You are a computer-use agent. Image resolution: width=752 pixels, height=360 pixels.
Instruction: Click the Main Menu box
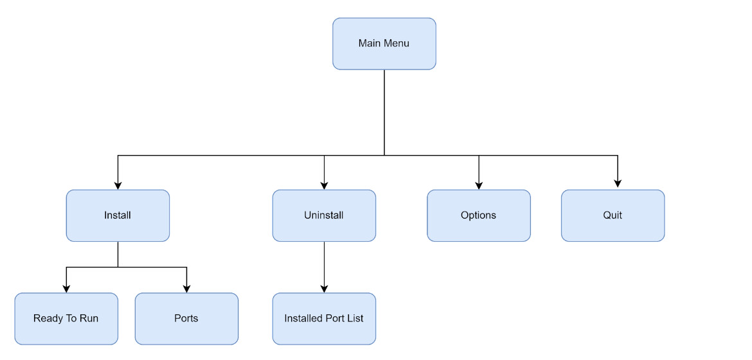tap(384, 44)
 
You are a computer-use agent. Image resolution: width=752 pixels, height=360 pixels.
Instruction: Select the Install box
tap(118, 215)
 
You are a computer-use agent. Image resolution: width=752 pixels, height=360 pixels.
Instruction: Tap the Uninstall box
tap(324, 215)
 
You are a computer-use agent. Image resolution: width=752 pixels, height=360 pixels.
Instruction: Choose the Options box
tap(479, 215)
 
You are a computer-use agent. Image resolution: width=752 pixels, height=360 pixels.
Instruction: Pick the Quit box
tap(613, 215)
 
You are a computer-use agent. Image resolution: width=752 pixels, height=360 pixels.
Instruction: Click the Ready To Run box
tap(66, 319)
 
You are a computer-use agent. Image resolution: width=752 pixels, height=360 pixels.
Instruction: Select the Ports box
tap(186, 319)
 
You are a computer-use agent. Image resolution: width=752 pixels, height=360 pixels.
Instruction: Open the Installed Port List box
tap(324, 319)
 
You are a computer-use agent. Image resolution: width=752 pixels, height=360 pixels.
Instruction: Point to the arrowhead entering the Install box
tap(118, 185)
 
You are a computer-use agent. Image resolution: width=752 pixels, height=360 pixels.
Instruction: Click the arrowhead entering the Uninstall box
tap(324, 185)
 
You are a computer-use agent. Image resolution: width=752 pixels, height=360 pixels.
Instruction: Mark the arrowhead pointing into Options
tap(479, 185)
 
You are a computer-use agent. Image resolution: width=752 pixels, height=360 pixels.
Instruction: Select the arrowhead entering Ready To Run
tap(66, 289)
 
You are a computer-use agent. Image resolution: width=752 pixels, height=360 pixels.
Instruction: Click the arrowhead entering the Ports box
tap(186, 289)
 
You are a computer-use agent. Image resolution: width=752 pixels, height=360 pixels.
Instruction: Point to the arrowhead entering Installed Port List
tap(324, 289)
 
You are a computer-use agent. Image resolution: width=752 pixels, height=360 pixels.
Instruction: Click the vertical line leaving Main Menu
tap(384, 113)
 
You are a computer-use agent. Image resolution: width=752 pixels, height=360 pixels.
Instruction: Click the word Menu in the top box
tap(397, 44)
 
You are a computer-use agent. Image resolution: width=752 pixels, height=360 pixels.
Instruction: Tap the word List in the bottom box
tap(354, 319)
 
